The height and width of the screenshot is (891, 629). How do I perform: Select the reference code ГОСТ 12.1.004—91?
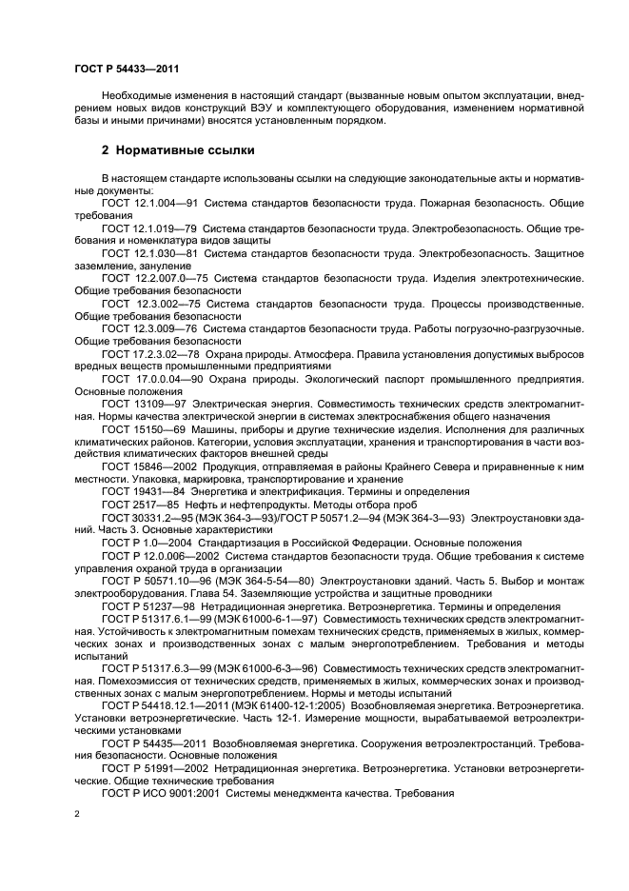pos(147,203)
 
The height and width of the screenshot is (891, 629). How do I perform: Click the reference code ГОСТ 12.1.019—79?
pos(147,228)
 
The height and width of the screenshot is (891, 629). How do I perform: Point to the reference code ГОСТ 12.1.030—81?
pos(147,252)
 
